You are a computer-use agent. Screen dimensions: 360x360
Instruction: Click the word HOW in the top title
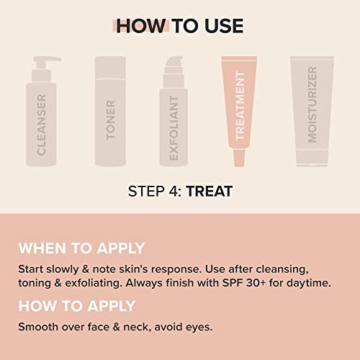pyautogui.click(x=140, y=26)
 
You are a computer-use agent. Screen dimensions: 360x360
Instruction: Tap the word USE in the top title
pyautogui.click(x=224, y=26)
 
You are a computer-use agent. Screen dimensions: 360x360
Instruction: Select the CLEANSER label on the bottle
pyautogui.click(x=42, y=125)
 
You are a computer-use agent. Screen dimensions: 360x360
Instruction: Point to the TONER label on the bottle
pyautogui.click(x=110, y=120)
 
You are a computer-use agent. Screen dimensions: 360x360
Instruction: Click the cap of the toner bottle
pyautogui.click(x=110, y=68)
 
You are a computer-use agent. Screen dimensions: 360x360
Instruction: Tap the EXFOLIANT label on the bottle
pyautogui.click(x=174, y=128)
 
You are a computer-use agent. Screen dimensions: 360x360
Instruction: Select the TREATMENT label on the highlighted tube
pyautogui.click(x=240, y=106)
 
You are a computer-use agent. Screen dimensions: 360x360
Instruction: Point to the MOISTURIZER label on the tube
pyautogui.click(x=312, y=104)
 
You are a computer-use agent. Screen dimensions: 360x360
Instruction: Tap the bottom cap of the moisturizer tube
pyautogui.click(x=312, y=157)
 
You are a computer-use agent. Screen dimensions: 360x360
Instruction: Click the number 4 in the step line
pyautogui.click(x=173, y=192)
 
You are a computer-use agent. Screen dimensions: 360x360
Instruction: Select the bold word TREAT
pyautogui.click(x=209, y=192)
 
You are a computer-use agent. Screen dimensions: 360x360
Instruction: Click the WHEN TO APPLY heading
pyautogui.click(x=81, y=248)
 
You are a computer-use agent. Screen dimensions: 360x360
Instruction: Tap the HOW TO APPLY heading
pyautogui.click(x=77, y=306)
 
